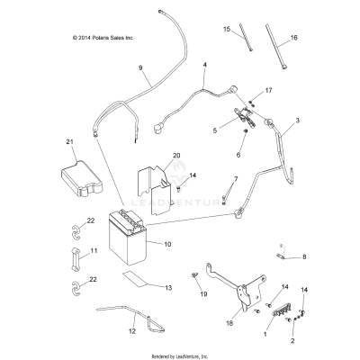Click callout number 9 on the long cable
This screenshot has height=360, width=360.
(x=140, y=68)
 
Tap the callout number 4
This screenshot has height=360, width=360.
(x=205, y=66)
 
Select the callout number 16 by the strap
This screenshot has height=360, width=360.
(x=293, y=39)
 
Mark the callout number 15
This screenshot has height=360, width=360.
(x=227, y=30)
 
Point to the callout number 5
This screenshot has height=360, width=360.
(x=213, y=130)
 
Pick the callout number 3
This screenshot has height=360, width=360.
(x=298, y=121)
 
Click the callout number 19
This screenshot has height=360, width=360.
(x=203, y=293)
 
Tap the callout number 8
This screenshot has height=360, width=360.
(x=302, y=257)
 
